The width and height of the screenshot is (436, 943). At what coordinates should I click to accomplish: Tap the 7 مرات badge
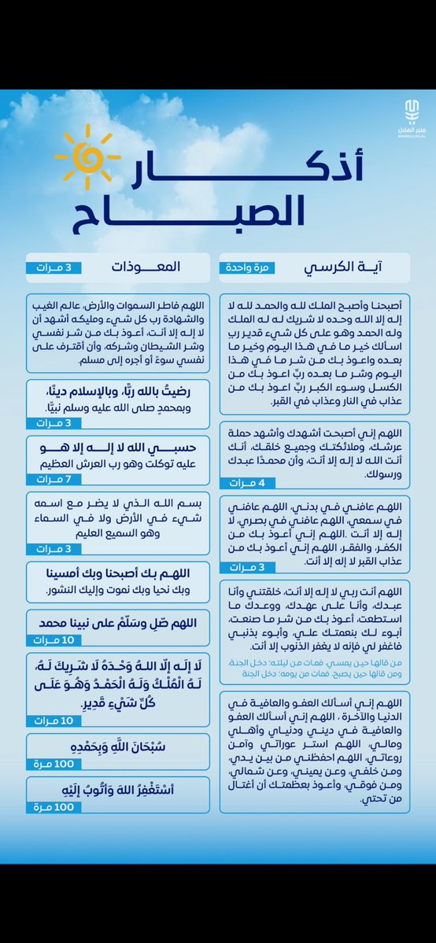coord(54,479)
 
